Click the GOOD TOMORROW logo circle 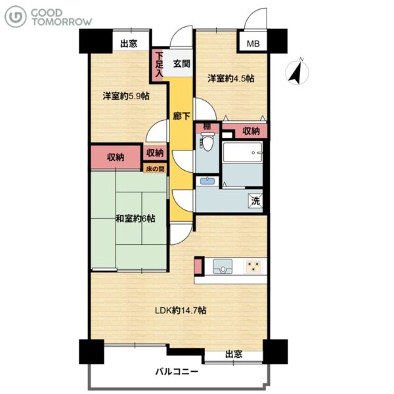click(x=15, y=16)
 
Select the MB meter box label click(x=253, y=44)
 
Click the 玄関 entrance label click(x=181, y=64)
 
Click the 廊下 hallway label click(x=181, y=116)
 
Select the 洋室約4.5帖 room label click(x=231, y=79)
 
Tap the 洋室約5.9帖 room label click(x=126, y=96)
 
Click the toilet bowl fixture click(x=207, y=142)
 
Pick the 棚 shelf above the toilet click(x=208, y=128)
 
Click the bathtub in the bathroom click(x=242, y=152)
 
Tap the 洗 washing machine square click(x=255, y=201)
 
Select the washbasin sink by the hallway click(x=207, y=181)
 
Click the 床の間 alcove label click(x=155, y=169)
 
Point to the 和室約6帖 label click(x=135, y=219)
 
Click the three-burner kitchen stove click(x=253, y=266)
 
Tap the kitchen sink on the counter click(x=223, y=266)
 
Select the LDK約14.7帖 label click(x=181, y=311)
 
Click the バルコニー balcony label click(x=177, y=372)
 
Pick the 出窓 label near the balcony click(x=234, y=355)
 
